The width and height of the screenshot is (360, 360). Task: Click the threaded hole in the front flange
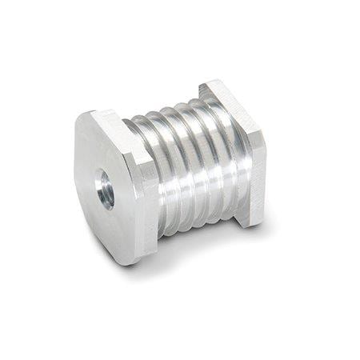(x=106, y=191)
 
